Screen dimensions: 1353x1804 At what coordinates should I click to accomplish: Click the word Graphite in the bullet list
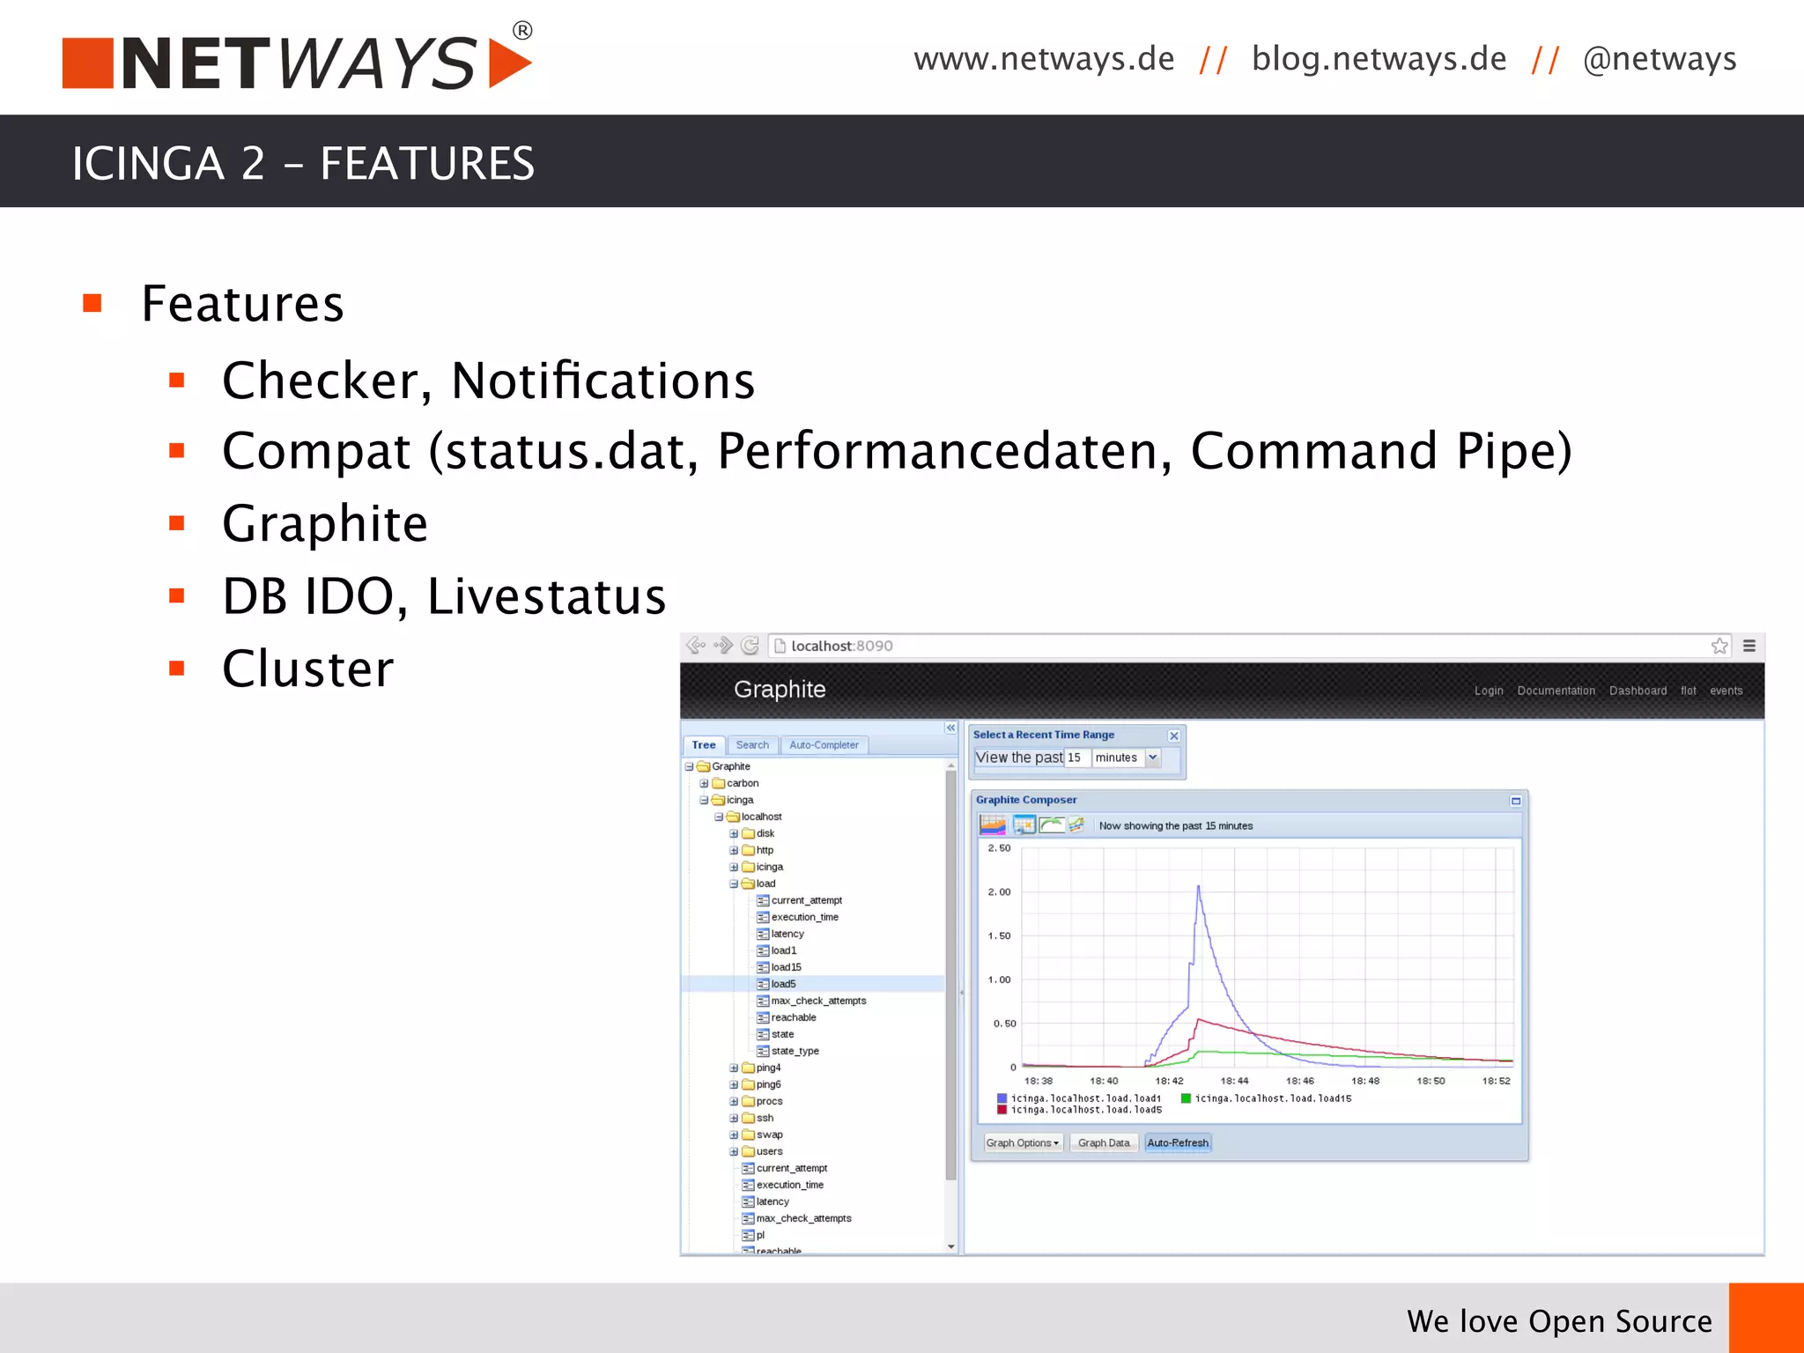coord(324,524)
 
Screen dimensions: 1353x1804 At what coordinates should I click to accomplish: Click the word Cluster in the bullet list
coord(307,669)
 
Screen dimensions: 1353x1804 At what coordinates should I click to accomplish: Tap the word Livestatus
coord(546,596)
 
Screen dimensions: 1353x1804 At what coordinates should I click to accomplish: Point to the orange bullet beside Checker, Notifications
coord(177,381)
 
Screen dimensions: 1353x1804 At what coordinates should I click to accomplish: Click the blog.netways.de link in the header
coord(1379,59)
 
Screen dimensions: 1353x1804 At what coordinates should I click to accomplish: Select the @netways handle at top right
coord(1659,59)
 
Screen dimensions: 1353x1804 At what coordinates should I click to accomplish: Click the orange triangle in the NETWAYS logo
coord(509,63)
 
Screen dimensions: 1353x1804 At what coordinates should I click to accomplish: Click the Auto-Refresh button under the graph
coord(1178,1142)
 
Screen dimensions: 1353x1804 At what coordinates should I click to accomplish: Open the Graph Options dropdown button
coord(1022,1142)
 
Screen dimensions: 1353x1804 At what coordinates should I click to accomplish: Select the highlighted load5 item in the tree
coord(783,984)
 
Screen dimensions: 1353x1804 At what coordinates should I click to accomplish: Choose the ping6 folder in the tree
coord(768,1084)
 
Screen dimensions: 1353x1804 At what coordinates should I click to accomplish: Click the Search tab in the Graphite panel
coord(752,745)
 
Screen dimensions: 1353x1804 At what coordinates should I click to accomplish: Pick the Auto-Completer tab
coord(824,745)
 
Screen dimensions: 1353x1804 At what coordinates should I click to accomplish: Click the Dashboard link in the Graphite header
coord(1638,691)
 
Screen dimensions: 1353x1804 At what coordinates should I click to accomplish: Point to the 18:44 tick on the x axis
coord(1234,1081)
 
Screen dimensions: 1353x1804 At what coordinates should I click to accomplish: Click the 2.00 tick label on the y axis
coord(999,892)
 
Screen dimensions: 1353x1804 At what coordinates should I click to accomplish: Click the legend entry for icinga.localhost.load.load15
coord(1273,1098)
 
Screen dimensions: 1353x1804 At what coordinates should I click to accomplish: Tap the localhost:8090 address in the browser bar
coord(841,646)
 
